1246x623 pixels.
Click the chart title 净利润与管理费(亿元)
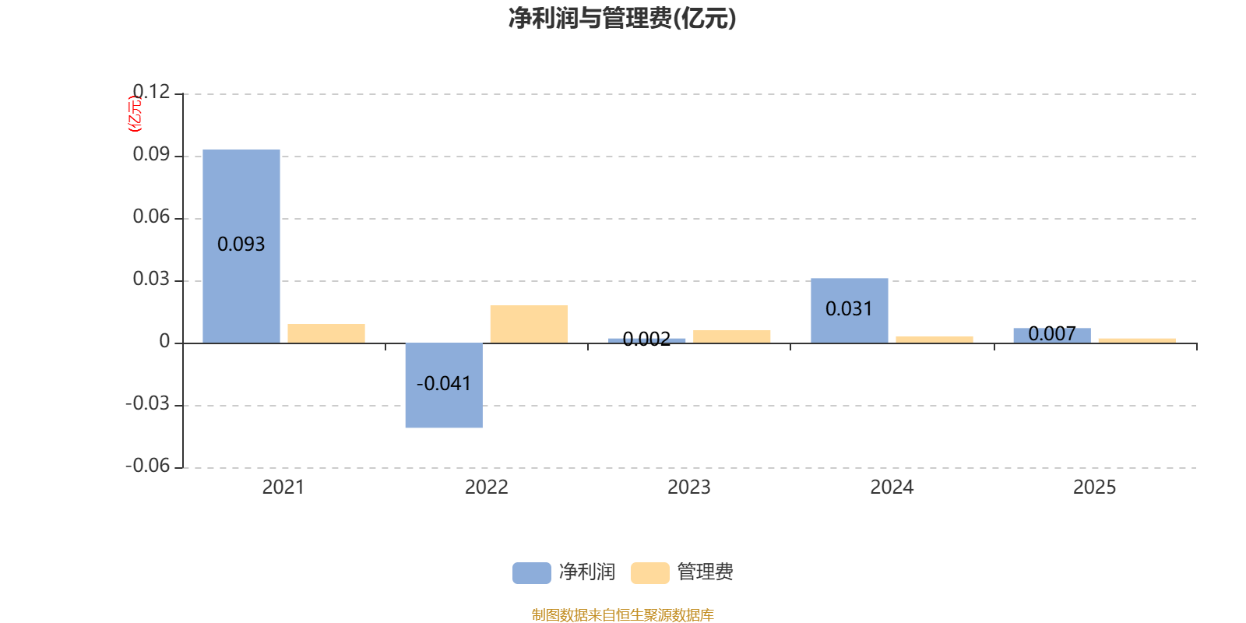(x=622, y=18)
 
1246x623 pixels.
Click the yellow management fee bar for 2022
(x=529, y=324)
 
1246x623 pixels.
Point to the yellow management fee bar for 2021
(x=326, y=333)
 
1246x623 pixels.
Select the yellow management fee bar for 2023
(x=732, y=336)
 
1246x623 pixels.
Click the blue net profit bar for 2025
(x=1051, y=336)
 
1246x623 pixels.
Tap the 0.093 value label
(x=241, y=245)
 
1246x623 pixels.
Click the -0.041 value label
(x=444, y=384)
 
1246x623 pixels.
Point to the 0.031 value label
(x=849, y=309)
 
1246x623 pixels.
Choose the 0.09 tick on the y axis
(x=151, y=154)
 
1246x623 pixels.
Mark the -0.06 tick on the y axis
(x=148, y=466)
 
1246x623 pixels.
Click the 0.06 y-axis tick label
(x=151, y=216)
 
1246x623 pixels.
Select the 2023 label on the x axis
(x=689, y=487)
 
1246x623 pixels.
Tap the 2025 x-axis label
(x=1094, y=487)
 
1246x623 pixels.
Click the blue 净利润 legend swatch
(x=531, y=573)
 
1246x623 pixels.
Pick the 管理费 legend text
(x=706, y=572)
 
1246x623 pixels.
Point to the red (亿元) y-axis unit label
(x=135, y=114)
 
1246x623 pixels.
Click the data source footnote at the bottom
(x=622, y=615)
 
